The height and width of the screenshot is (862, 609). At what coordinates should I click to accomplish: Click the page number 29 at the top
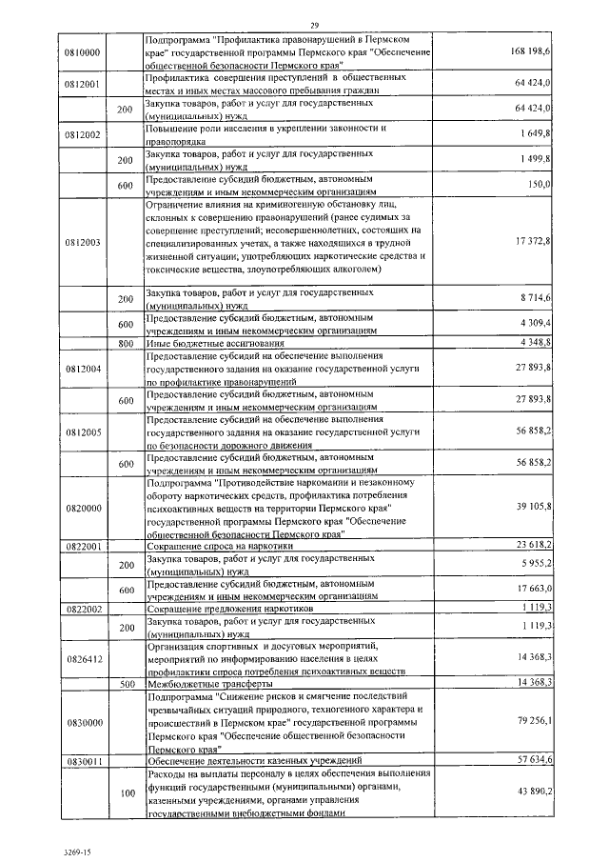point(314,24)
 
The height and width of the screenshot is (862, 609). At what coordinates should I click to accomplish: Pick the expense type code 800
point(124,342)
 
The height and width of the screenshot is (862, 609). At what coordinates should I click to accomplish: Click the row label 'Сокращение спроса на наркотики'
point(220,546)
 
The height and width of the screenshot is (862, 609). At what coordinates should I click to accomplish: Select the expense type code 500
point(124,683)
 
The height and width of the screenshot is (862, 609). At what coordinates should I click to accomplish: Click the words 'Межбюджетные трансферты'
point(199,683)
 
